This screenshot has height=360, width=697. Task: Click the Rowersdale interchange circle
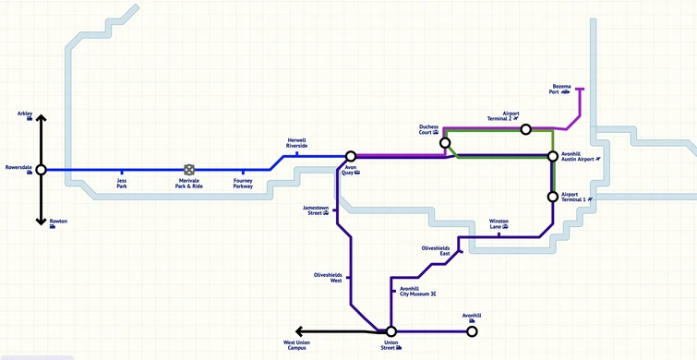41,170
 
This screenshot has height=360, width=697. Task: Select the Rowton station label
58,222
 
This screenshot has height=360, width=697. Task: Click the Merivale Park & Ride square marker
188,170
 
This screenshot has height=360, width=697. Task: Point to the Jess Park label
122,184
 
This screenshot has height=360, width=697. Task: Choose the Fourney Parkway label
244,184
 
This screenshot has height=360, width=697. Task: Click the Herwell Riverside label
296,144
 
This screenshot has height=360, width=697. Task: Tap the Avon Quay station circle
351,157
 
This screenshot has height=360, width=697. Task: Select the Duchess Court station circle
446,143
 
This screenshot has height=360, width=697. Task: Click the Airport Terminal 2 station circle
525,129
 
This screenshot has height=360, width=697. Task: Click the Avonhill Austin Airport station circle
553,157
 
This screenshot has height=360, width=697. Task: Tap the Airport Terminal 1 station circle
553,196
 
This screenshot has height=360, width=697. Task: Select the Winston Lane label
499,223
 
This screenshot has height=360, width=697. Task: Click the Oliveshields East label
436,250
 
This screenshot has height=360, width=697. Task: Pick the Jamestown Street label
316,210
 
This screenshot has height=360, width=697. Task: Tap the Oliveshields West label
330,277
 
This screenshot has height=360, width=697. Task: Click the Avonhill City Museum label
415,292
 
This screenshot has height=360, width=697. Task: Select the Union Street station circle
391,331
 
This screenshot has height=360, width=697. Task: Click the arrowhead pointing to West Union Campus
299,331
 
